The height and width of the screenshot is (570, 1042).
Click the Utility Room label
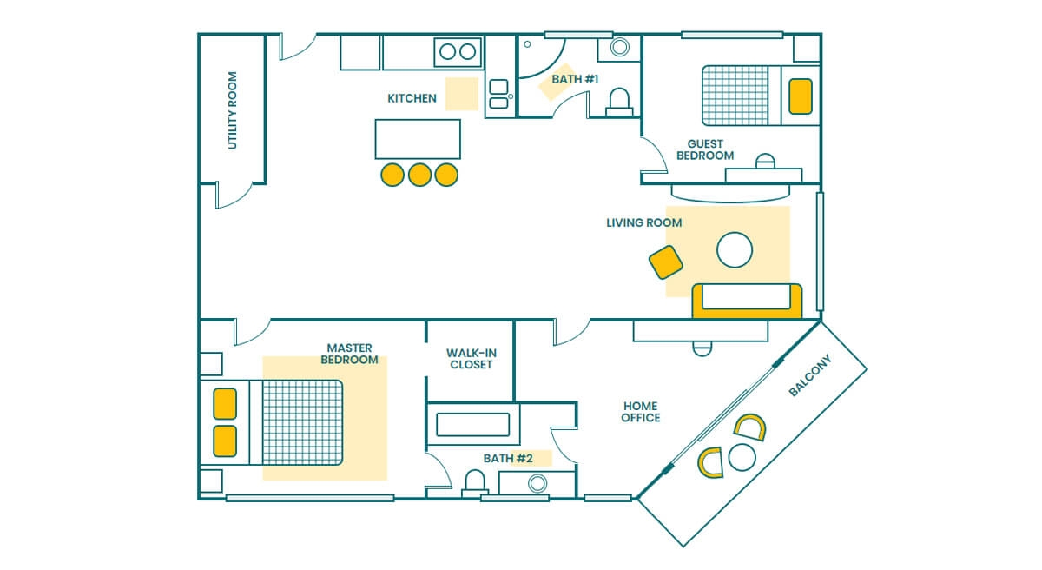point(232,110)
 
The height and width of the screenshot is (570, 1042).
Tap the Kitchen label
point(412,98)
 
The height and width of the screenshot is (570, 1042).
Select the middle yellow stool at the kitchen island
point(419,175)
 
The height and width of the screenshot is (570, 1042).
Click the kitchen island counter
point(418,139)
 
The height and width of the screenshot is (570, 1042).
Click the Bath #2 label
point(508,458)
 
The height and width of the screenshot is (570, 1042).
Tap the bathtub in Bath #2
point(473,425)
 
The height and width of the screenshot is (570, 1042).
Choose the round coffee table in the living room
point(735,250)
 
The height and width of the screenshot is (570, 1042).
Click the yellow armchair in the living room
point(666,262)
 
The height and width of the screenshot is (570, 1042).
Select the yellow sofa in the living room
point(747,302)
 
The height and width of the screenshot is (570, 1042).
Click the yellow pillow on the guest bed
point(801,96)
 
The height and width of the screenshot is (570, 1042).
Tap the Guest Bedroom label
point(705,149)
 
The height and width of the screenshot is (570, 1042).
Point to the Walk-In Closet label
point(472,359)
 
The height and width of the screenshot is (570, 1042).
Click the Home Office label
point(641,412)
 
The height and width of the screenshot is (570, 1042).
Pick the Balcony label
point(810,375)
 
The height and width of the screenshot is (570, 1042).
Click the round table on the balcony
point(742,457)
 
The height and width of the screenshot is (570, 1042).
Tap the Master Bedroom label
point(349,354)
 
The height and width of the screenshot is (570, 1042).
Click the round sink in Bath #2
point(537,483)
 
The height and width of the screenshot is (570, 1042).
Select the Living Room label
point(643,223)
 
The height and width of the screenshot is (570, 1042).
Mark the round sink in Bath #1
point(620,47)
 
